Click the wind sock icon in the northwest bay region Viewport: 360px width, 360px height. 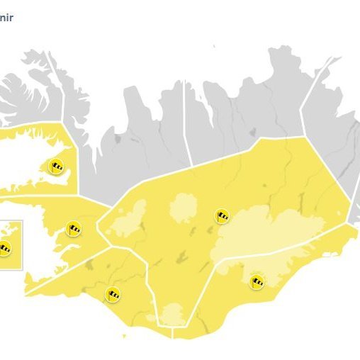point(55,167)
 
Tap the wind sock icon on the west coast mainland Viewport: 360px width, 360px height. point(73,228)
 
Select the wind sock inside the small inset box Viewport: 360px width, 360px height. point(5,248)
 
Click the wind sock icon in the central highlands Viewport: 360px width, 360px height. point(223,216)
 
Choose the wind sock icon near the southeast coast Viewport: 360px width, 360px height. point(257,281)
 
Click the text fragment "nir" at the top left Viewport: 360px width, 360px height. point(7,15)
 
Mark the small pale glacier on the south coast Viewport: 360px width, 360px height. point(173,314)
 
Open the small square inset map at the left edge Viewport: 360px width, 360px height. point(11,244)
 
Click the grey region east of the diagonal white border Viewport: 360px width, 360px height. point(333,142)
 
